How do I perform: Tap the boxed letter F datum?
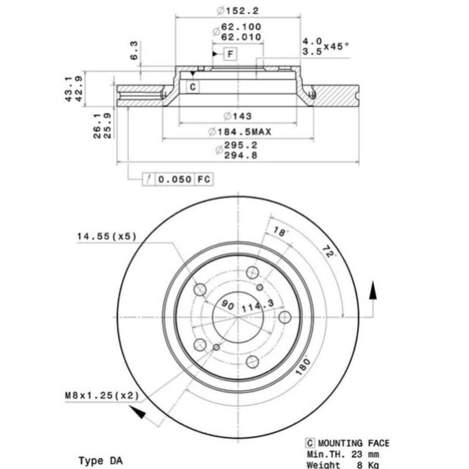coord(230,54)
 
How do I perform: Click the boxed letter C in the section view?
coord(193,87)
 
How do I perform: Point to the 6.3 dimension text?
coord(134,50)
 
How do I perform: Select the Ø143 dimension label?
coord(238,116)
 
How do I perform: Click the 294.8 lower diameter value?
coord(241,155)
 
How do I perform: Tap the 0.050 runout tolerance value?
coord(175,179)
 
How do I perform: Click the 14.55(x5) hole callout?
coord(106,237)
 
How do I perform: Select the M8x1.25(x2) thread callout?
coord(102,396)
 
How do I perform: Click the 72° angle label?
coord(330,251)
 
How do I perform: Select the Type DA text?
coord(100,461)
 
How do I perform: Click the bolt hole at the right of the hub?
coord(285,317)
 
